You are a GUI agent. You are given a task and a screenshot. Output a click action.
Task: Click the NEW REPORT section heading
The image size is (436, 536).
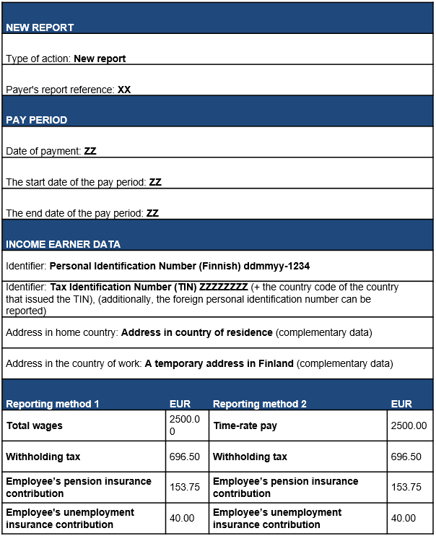pos(40,27)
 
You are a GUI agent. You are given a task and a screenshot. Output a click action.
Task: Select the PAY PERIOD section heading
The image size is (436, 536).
pos(37,120)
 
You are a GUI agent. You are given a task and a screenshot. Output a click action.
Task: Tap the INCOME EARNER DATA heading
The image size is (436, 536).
pos(64,244)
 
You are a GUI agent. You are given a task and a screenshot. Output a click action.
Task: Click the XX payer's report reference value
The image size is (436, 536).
pos(124,90)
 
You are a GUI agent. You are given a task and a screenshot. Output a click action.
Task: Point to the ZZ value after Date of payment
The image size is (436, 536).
pos(90,152)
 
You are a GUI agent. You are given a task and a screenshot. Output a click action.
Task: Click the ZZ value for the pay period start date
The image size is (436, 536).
pos(155,182)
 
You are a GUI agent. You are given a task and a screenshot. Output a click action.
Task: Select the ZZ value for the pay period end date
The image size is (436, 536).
pos(152,213)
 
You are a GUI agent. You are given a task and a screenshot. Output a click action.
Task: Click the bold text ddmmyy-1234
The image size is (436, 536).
pos(282,266)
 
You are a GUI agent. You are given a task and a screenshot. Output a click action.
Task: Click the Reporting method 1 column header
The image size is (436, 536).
pos(53,404)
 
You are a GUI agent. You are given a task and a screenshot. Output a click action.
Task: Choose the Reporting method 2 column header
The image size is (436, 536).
pos(260,404)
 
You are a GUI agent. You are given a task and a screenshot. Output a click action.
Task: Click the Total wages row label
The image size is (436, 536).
pos(35,425)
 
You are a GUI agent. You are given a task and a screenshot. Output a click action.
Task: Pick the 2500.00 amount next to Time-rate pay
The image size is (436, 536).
pos(409,425)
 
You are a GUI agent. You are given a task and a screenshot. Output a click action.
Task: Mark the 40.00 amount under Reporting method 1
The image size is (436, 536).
pos(182,518)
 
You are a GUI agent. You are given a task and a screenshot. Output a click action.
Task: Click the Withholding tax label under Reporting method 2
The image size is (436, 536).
pos(250,457)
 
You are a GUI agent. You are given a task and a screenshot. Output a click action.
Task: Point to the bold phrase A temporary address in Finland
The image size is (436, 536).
pos(219,363)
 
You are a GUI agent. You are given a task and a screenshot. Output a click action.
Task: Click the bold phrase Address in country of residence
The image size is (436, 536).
pos(197,333)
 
